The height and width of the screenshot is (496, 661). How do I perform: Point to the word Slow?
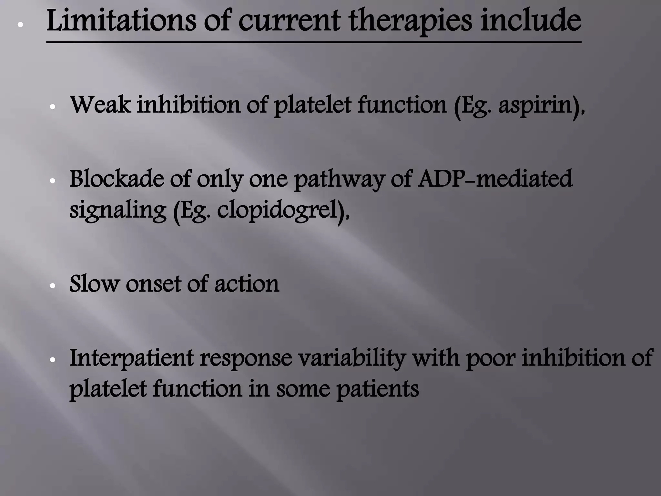94,284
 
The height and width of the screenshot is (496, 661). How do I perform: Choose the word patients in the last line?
378,389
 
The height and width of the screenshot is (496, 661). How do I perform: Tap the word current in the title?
289,22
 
